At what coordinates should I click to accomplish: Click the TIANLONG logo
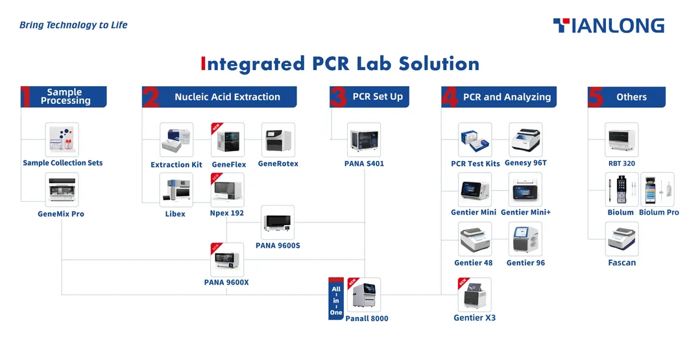pos(609,26)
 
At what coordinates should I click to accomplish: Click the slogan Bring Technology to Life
pos(73,25)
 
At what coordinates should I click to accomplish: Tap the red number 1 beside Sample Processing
pos(26,97)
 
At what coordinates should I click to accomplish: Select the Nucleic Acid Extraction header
pos(227,97)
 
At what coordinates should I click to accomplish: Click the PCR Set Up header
pos(378,97)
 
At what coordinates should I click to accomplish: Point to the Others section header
pos(631,97)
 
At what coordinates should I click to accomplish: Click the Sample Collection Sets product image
pos(62,139)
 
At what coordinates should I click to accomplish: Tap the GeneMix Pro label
pos(61,213)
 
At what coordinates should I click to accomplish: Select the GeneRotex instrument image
pos(278,139)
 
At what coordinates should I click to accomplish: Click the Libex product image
pos(176,189)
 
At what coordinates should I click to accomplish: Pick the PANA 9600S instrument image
pos(278,222)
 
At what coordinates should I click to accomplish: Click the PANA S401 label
pos(364,163)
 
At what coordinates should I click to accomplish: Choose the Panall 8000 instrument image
pos(364,295)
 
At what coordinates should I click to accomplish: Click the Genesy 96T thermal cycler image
pos(525,139)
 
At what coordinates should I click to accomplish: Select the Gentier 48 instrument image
pos(475,239)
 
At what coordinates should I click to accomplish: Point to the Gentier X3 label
pos(474,318)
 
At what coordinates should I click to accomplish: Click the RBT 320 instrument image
pos(621,139)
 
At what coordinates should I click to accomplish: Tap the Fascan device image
pos(621,239)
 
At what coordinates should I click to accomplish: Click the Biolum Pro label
pos(658,212)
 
